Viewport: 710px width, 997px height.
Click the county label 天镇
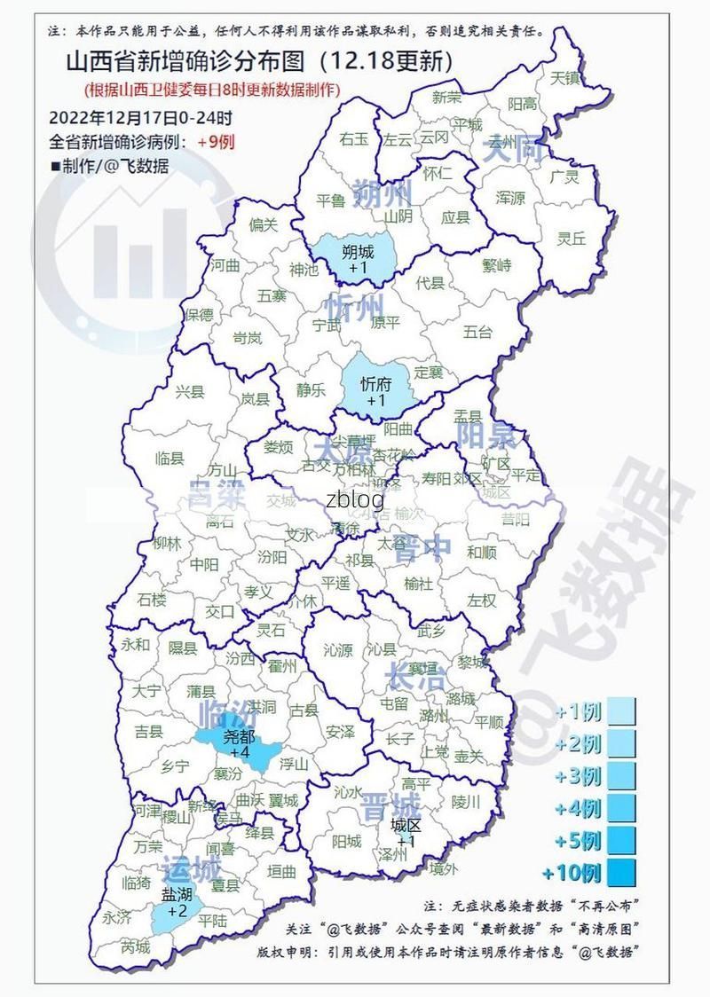pos(564,78)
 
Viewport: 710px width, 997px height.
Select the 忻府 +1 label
pos(375,391)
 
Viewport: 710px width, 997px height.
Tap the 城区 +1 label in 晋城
pos(406,832)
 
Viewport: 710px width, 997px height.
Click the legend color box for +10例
pos(622,873)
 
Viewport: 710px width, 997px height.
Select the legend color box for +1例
pos(622,712)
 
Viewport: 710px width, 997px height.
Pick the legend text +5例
pos(578,840)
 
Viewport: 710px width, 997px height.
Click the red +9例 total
pos(216,142)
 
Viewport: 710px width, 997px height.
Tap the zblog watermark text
pos(355,498)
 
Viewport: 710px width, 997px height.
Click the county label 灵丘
pos(572,238)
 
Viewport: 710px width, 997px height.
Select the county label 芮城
pos(136,946)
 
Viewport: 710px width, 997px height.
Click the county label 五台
pos(477,333)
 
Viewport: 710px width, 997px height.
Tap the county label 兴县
pos(189,391)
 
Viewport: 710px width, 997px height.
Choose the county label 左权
pos(482,601)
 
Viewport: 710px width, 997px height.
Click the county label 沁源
pos(338,650)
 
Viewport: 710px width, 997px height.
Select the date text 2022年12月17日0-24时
pos(140,117)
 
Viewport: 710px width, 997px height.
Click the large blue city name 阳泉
pos(485,435)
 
